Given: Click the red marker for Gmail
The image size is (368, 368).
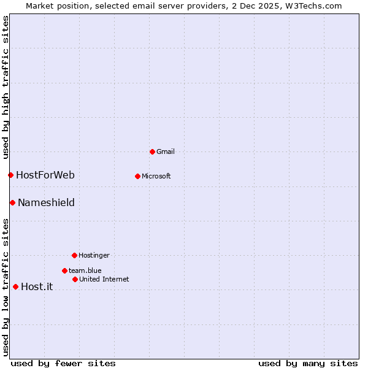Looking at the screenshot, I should coord(152,151).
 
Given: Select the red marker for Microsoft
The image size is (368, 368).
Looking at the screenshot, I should coord(137,176).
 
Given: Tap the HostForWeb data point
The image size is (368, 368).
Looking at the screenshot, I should coord(10,175).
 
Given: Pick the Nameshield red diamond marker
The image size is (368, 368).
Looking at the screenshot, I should coord(12,202).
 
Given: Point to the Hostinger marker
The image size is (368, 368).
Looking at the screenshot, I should coord(74,255).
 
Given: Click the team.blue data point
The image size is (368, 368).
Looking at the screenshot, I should coord(64,270).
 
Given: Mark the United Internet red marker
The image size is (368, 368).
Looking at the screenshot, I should coord(75,279).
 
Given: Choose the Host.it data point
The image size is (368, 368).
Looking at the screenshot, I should coord(15,286).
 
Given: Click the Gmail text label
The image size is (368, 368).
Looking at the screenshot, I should coord(166,151).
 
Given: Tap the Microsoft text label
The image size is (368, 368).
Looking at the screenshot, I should coord(156,176).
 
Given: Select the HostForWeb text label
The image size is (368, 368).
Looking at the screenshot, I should coord(45,175).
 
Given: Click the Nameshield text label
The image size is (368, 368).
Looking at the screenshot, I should coord(46,202).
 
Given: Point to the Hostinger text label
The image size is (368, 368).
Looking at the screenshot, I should coord(94,255).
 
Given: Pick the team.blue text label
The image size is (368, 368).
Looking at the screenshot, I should coord(85,270).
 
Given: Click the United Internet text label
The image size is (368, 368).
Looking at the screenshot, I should coord(104,279).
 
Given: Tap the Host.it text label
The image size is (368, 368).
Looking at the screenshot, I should coord(37,286).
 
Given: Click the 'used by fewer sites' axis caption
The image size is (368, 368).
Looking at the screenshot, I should coord(63,363).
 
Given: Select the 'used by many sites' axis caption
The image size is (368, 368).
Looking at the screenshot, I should coord(308,363).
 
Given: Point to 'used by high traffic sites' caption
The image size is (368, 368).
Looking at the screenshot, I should coord(6,86).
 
